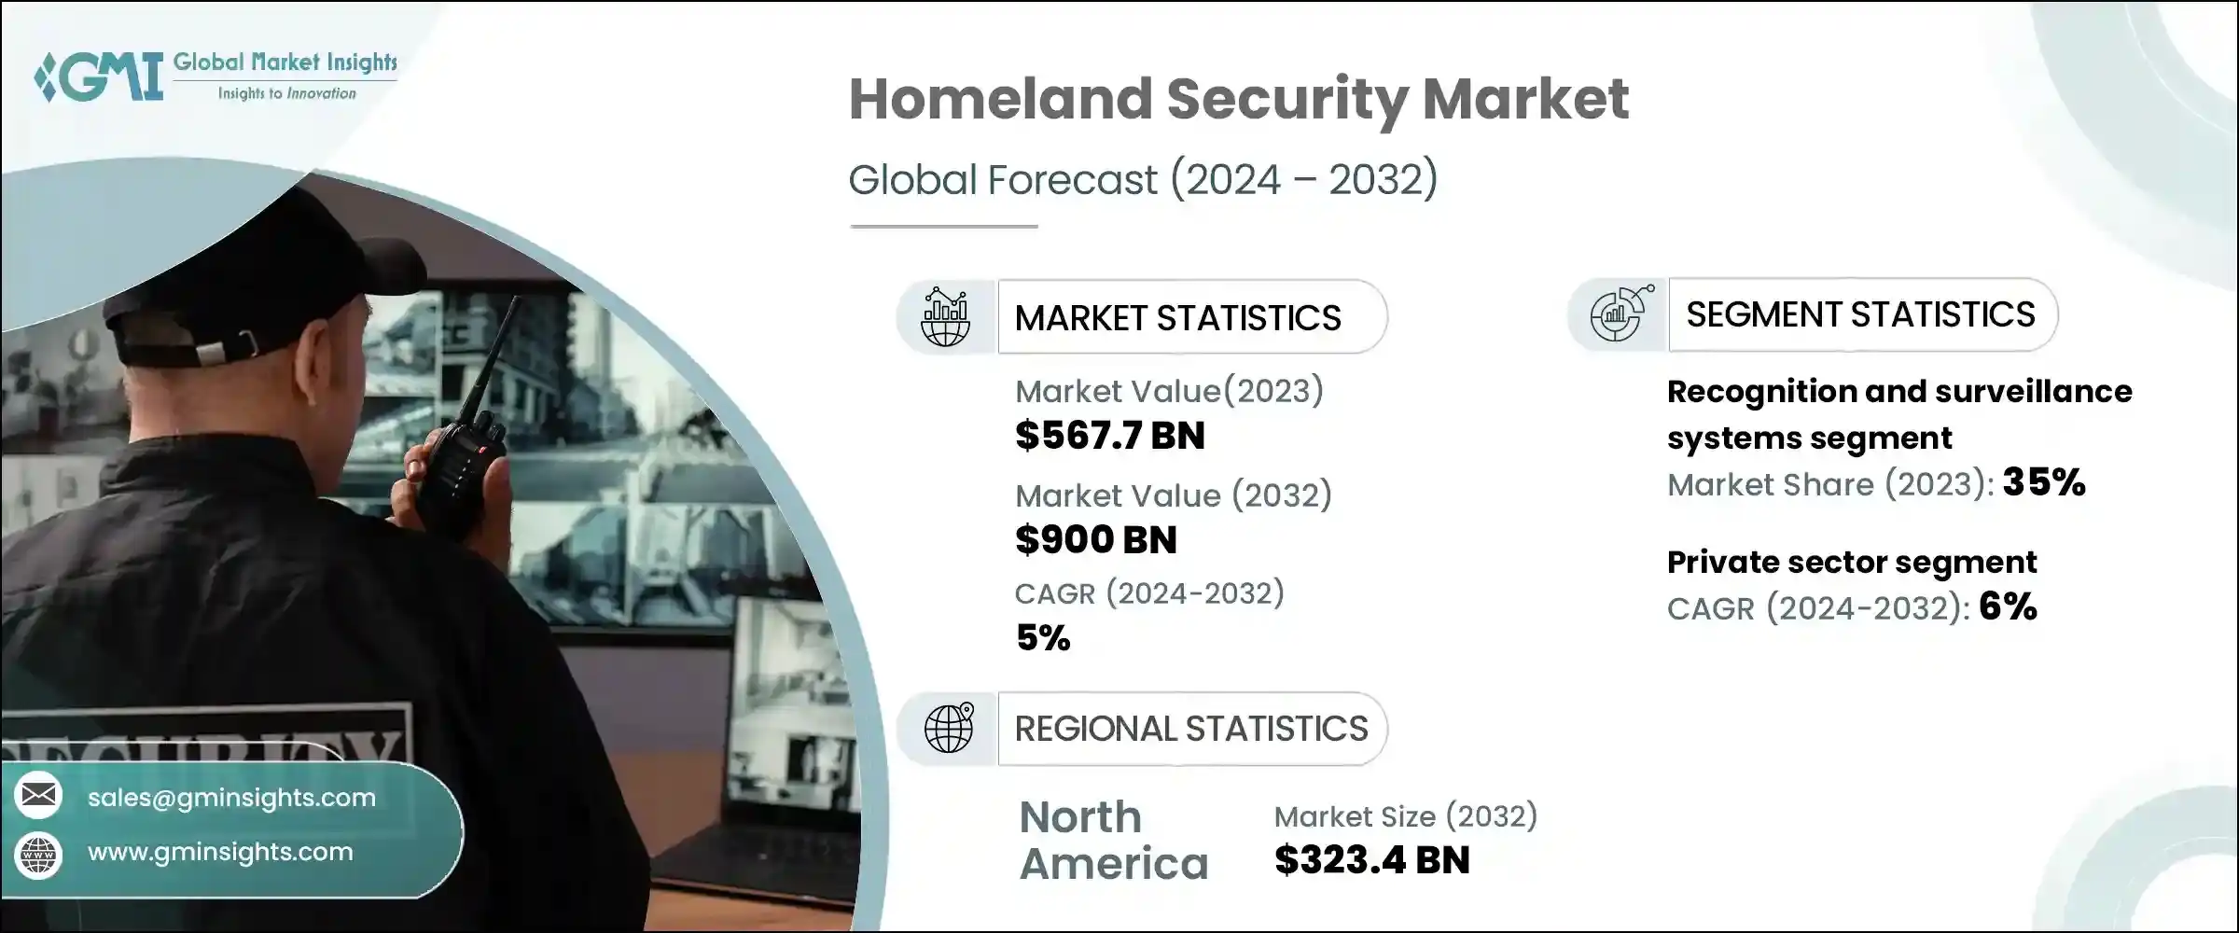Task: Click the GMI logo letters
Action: (x=103, y=77)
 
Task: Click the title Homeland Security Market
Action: (x=1238, y=99)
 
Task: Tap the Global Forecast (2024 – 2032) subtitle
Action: (x=1142, y=179)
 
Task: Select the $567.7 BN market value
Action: (x=1109, y=436)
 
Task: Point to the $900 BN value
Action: (x=1095, y=540)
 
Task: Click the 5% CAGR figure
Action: (x=1042, y=638)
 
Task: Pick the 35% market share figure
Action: (x=2043, y=482)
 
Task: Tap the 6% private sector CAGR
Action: (x=2007, y=607)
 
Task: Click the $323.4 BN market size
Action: (x=1371, y=860)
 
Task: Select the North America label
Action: (x=1113, y=841)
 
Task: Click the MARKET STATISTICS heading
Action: (x=1177, y=318)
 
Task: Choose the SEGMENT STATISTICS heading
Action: (x=1859, y=315)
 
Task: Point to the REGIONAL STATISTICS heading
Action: (x=1190, y=729)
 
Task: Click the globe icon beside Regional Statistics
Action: (x=948, y=729)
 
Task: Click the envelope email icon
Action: (x=38, y=795)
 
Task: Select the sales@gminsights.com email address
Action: (x=231, y=798)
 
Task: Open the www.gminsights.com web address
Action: (x=220, y=852)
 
